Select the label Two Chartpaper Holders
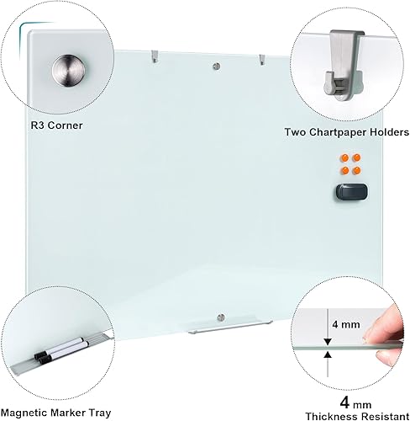344,133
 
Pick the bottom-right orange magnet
357,171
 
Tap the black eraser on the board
348,192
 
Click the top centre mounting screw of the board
218,65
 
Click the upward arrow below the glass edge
325,360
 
